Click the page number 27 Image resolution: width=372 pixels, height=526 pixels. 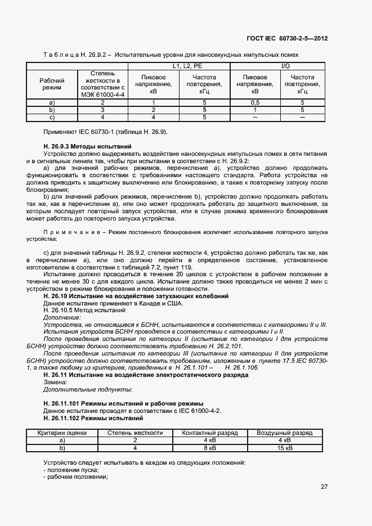[x=324, y=487]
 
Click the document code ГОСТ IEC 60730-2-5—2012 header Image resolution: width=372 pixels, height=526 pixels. [x=287, y=38]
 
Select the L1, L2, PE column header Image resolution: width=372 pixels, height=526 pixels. [x=179, y=66]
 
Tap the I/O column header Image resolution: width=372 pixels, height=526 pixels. [x=285, y=66]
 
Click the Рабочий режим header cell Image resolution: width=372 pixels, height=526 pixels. [x=52, y=84]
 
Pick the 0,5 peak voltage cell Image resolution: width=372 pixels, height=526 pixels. [x=254, y=102]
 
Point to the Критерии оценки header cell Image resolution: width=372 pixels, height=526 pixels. [x=62, y=433]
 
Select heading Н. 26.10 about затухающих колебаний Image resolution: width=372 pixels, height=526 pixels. [x=136, y=296]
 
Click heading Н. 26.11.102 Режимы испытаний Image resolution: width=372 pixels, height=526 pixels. [x=93, y=418]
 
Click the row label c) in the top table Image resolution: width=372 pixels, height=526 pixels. [x=52, y=118]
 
